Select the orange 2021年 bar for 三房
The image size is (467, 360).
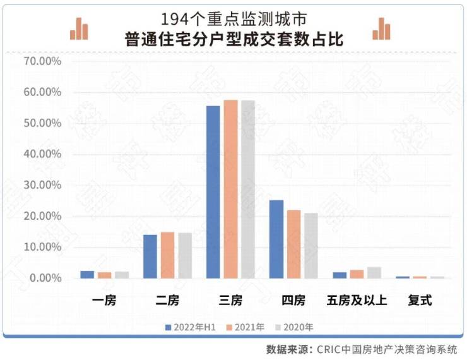click(x=230, y=189)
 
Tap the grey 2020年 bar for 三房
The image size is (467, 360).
click(x=247, y=189)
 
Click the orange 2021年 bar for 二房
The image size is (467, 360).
click(x=167, y=255)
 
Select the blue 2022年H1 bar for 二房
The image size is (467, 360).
click(x=150, y=256)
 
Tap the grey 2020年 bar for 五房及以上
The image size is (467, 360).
click(x=374, y=272)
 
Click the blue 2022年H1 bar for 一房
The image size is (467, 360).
click(x=87, y=275)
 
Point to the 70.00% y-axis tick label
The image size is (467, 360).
click(x=42, y=61)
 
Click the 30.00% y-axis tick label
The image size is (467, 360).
click(x=42, y=185)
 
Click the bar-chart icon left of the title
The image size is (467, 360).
click(x=79, y=28)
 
